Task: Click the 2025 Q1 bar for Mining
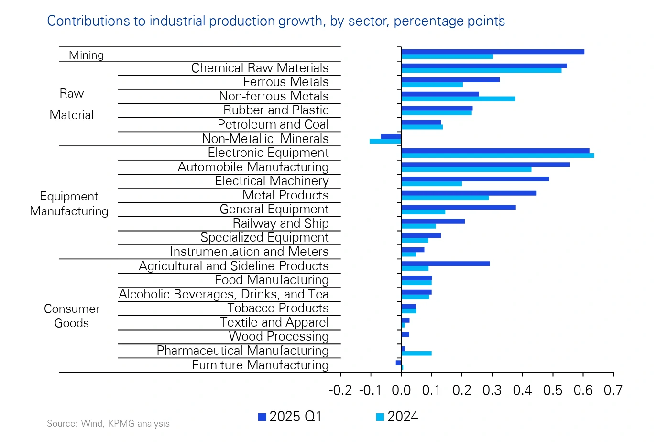tap(493, 52)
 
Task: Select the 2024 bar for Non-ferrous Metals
tap(458, 99)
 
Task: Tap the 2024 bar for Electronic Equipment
tap(497, 155)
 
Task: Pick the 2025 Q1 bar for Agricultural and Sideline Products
tap(445, 264)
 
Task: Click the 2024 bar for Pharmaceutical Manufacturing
tap(416, 354)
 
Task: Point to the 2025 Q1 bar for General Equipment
tap(458, 207)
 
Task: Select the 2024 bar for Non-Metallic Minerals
tap(385, 141)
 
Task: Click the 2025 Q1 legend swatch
tap(262, 417)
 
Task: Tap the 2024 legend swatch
tap(380, 417)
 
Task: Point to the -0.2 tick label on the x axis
tap(340, 390)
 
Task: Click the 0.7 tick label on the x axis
tap(613, 390)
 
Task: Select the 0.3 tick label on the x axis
tap(492, 390)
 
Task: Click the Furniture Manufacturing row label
tap(260, 365)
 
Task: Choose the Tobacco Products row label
tap(278, 308)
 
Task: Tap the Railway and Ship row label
tap(281, 223)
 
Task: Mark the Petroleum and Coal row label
tap(273, 124)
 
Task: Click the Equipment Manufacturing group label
tap(69, 204)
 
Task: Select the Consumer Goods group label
tap(72, 316)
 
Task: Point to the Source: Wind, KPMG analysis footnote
tap(108, 424)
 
